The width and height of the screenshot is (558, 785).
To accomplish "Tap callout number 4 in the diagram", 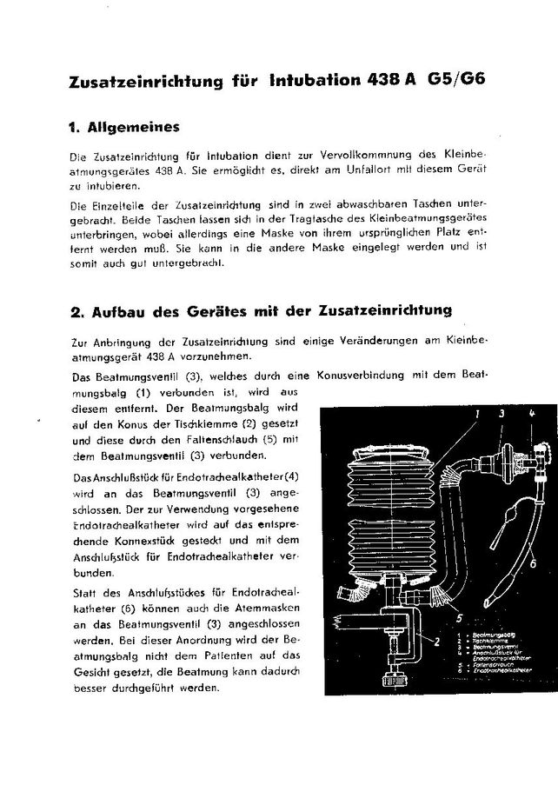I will click(x=531, y=415).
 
